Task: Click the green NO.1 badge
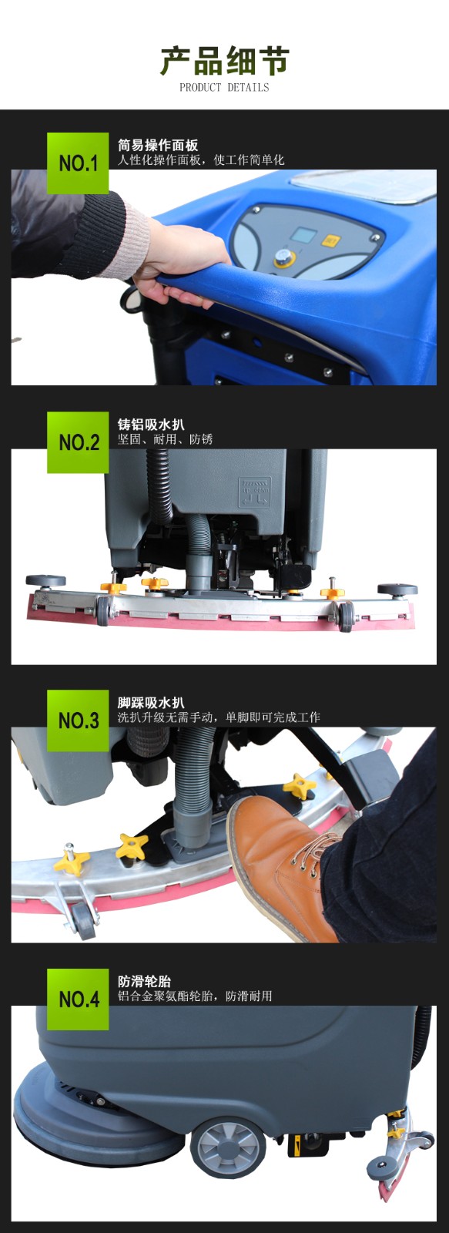pyautogui.click(x=78, y=163)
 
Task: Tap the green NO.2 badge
pyautogui.click(x=78, y=442)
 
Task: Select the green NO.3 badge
pyautogui.click(x=78, y=721)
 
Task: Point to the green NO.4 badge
pyautogui.click(x=78, y=999)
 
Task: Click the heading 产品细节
pyautogui.click(x=225, y=61)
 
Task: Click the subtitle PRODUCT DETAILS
pyautogui.click(x=225, y=88)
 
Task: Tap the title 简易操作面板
pyautogui.click(x=158, y=146)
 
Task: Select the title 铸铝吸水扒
pyautogui.click(x=151, y=425)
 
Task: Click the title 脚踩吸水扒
pyautogui.click(x=151, y=703)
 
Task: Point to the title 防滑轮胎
pyautogui.click(x=145, y=982)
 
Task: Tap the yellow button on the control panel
pyautogui.click(x=330, y=240)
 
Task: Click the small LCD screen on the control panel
pyautogui.click(x=302, y=236)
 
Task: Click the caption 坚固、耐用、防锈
pyautogui.click(x=165, y=439)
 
